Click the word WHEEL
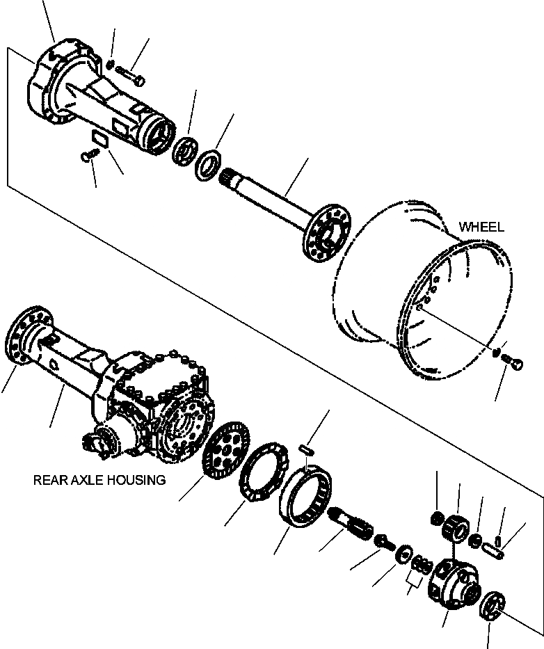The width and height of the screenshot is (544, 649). tap(481, 227)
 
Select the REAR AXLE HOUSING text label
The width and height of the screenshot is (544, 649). tap(99, 480)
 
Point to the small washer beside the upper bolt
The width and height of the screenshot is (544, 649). tap(111, 65)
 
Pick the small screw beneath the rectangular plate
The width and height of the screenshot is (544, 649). tap(87, 157)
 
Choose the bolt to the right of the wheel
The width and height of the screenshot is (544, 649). tap(515, 362)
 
